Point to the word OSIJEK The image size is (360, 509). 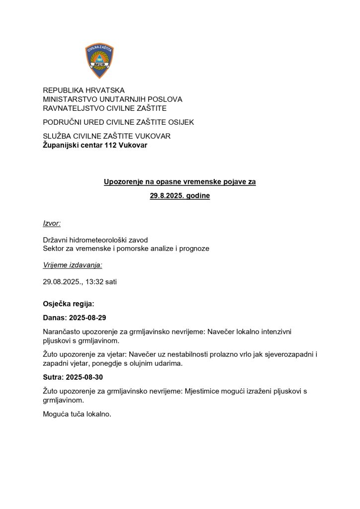click(181, 122)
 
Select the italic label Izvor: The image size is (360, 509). click(52, 224)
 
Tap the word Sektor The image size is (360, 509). click(55, 248)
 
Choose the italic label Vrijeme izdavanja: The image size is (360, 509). click(73, 265)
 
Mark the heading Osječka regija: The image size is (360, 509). click(68, 303)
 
